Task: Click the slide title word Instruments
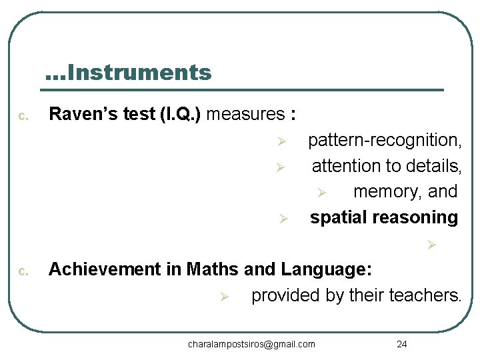click(x=139, y=72)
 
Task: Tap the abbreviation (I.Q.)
click(x=180, y=114)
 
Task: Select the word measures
click(x=245, y=114)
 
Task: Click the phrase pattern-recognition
click(x=384, y=141)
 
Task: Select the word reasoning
click(x=419, y=217)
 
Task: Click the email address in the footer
click(x=251, y=344)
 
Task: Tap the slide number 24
click(x=401, y=344)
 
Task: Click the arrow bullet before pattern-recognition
click(x=281, y=141)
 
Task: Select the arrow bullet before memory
click(x=321, y=193)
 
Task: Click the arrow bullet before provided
click(x=225, y=296)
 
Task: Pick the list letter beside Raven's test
click(x=23, y=117)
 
